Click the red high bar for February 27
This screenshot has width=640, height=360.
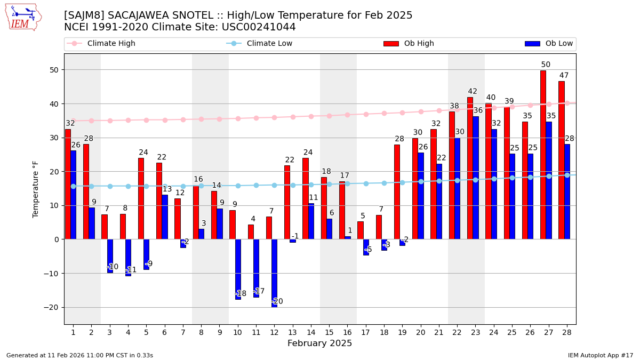[x=543, y=155]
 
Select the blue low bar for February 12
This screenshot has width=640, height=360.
[x=274, y=273]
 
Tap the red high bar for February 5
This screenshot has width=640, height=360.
[x=141, y=198]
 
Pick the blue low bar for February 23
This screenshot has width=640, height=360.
[x=475, y=178]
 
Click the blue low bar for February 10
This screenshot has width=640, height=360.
[x=238, y=269]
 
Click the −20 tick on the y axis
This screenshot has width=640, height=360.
[x=53, y=307]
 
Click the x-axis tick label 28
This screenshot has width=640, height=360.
[x=566, y=332]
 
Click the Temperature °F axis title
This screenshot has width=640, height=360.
[x=36, y=189]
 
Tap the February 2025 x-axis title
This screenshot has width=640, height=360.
[x=319, y=343]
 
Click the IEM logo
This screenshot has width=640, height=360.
[x=23, y=17]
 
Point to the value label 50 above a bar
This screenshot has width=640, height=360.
[x=546, y=65]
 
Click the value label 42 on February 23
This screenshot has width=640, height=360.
[x=473, y=92]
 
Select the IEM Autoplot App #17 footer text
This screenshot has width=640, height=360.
[x=601, y=355]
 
